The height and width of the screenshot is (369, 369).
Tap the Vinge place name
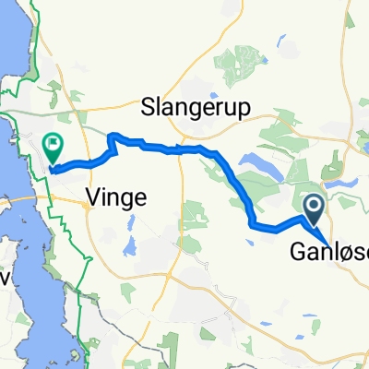tap(113, 195)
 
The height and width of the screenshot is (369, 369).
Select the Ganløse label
tap(328, 249)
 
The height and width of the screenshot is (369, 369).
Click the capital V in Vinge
tap(91, 195)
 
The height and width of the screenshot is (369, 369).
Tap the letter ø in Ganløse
tap(343, 249)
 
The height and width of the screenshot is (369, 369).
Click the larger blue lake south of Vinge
tap(130, 246)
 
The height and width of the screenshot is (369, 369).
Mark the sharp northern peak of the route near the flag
tap(113, 136)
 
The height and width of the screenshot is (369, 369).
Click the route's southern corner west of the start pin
tap(253, 224)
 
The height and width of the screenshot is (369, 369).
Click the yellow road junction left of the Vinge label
tap(85, 206)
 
